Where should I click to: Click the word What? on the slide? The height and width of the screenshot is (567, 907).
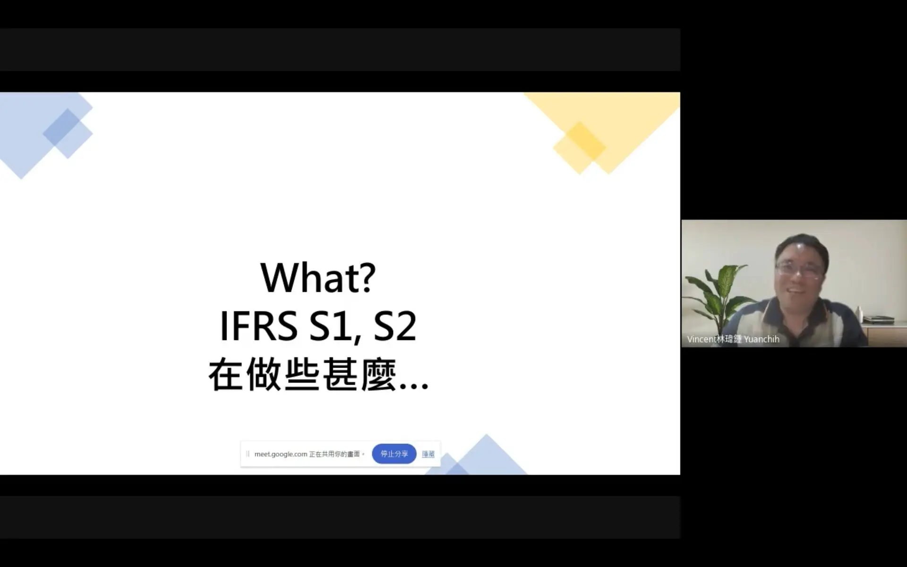pyautogui.click(x=318, y=277)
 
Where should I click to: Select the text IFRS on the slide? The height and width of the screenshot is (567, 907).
pyautogui.click(x=258, y=326)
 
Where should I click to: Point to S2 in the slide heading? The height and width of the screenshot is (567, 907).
pyautogui.click(x=395, y=326)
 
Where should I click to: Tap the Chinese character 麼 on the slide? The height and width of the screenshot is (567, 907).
pyautogui.click(x=377, y=375)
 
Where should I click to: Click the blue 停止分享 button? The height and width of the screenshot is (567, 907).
pyautogui.click(x=394, y=454)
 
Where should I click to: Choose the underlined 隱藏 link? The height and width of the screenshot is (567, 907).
pyautogui.click(x=428, y=454)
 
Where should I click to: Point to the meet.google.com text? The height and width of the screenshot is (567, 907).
pyautogui.click(x=281, y=454)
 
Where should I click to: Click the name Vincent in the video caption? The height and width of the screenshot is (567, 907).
pyautogui.click(x=702, y=339)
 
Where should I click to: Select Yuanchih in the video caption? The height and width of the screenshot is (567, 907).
pyautogui.click(x=762, y=339)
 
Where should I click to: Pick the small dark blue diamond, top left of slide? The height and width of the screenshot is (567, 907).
pyautogui.click(x=67, y=127)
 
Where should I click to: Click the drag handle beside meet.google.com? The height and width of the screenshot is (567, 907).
pyautogui.click(x=248, y=454)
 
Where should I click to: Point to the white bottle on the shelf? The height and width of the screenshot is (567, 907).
pyautogui.click(x=859, y=313)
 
